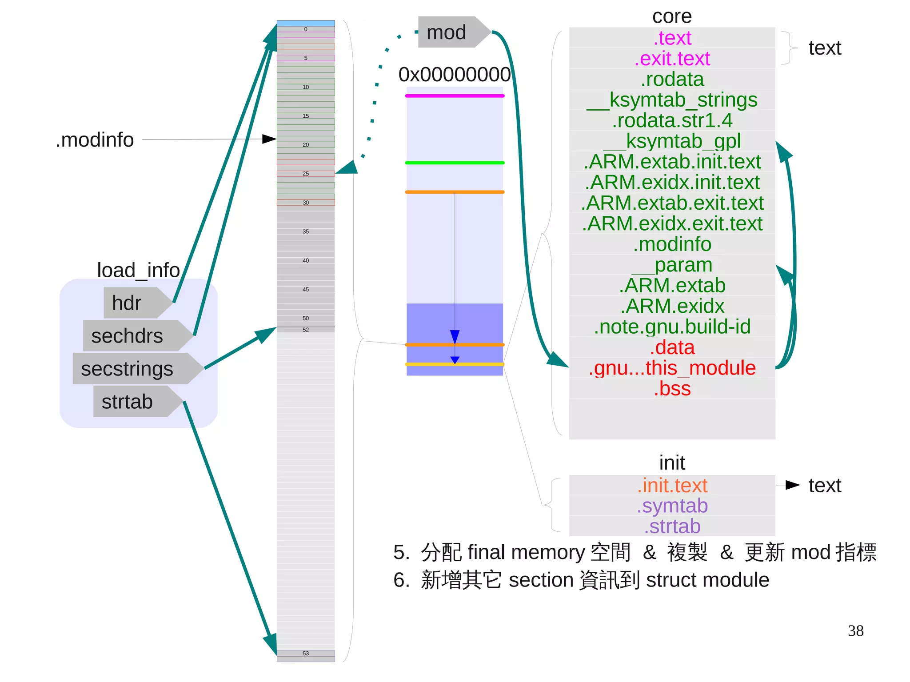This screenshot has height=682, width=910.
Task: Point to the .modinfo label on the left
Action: (95, 140)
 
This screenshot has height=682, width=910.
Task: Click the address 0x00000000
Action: (454, 75)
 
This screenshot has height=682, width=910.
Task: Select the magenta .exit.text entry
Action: (672, 59)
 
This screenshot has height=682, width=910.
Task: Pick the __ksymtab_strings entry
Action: (672, 100)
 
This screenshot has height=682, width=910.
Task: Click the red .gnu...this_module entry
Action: (672, 368)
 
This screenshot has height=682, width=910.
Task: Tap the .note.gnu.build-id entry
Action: (672, 327)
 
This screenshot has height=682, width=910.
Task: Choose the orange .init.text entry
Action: (672, 485)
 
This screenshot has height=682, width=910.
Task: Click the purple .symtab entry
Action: (672, 506)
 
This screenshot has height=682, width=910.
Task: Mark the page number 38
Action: (855, 631)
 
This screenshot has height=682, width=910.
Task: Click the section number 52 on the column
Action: (306, 330)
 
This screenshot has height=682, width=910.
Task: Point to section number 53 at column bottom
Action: (306, 654)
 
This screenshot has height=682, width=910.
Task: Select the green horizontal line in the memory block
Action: (455, 163)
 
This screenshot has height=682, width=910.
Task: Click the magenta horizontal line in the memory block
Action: (455, 96)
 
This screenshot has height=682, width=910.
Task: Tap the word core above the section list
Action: (672, 16)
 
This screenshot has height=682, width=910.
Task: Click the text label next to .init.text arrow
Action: (825, 485)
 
